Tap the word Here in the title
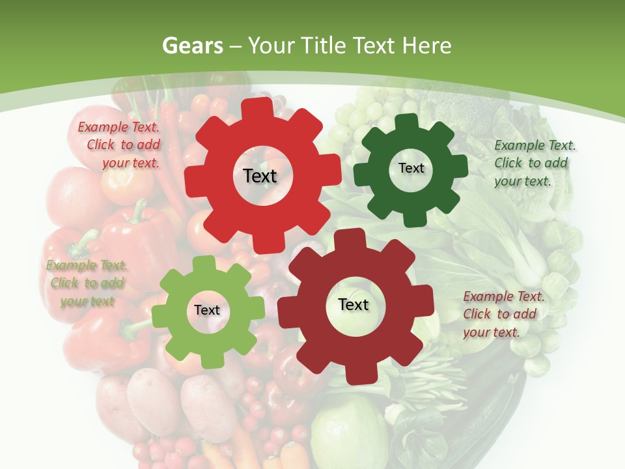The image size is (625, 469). [x=427, y=46]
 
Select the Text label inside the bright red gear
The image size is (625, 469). [x=260, y=176]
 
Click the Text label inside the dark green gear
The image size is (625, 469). [x=411, y=168]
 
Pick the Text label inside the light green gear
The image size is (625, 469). [x=207, y=310]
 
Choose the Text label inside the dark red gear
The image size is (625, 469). [x=354, y=304]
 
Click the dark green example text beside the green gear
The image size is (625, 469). [x=535, y=163]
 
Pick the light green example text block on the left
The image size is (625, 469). [x=87, y=283]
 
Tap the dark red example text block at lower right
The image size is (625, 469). [x=503, y=314]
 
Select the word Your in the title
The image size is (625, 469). [x=271, y=46]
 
